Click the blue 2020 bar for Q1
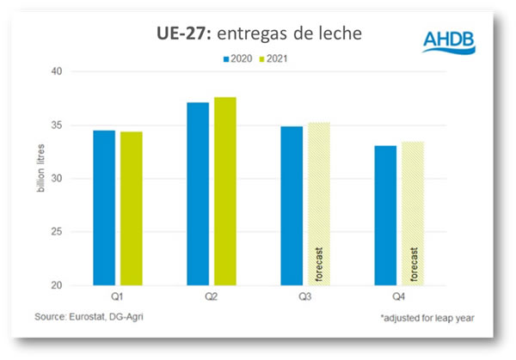(104, 207)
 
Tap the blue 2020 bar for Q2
(198, 193)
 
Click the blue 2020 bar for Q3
(292, 205)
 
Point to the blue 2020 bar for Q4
(385, 215)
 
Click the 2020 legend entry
(240, 59)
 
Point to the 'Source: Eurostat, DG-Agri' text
(89, 318)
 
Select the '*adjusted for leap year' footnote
(427, 319)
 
